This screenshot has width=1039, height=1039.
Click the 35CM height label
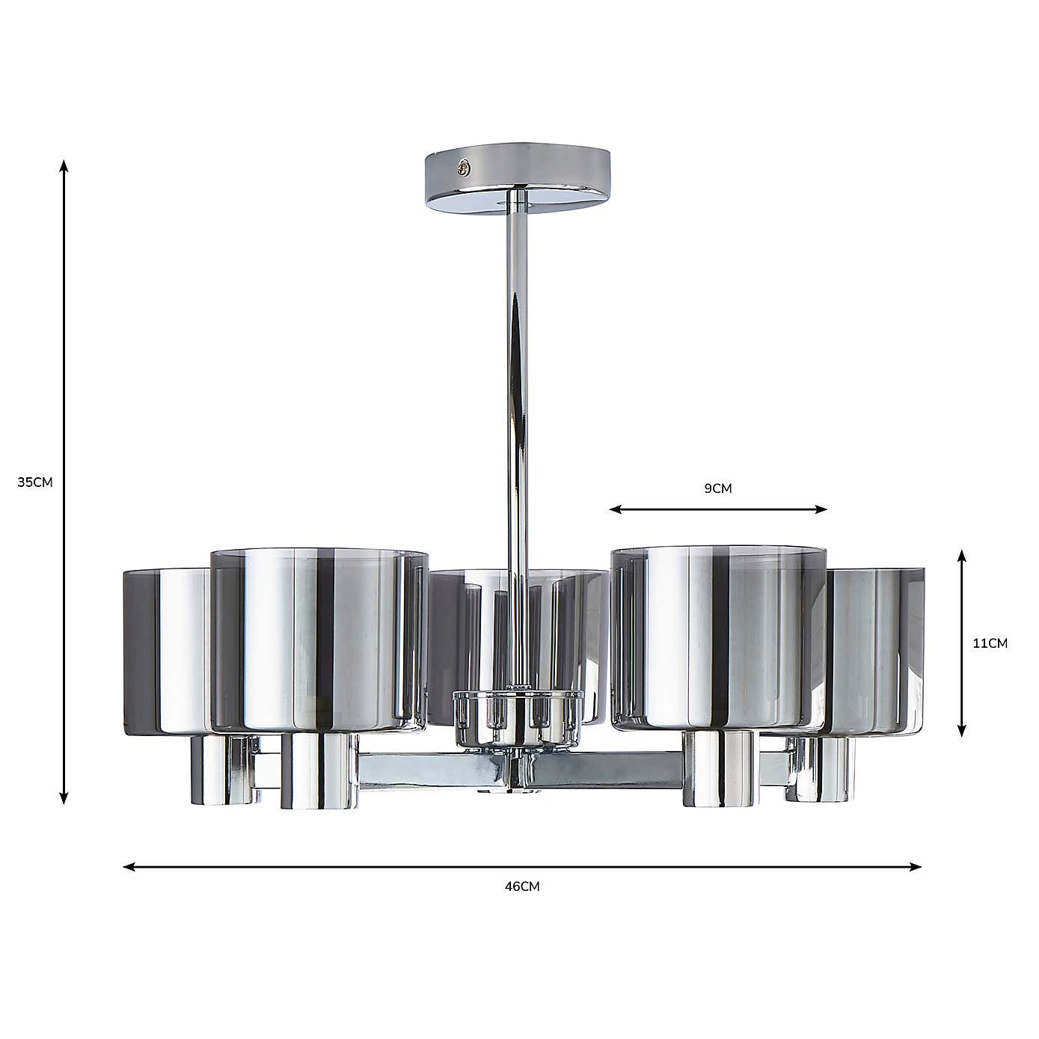coord(35,482)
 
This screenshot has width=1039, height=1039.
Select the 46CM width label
coord(522,886)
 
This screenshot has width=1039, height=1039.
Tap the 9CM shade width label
coord(718,488)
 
